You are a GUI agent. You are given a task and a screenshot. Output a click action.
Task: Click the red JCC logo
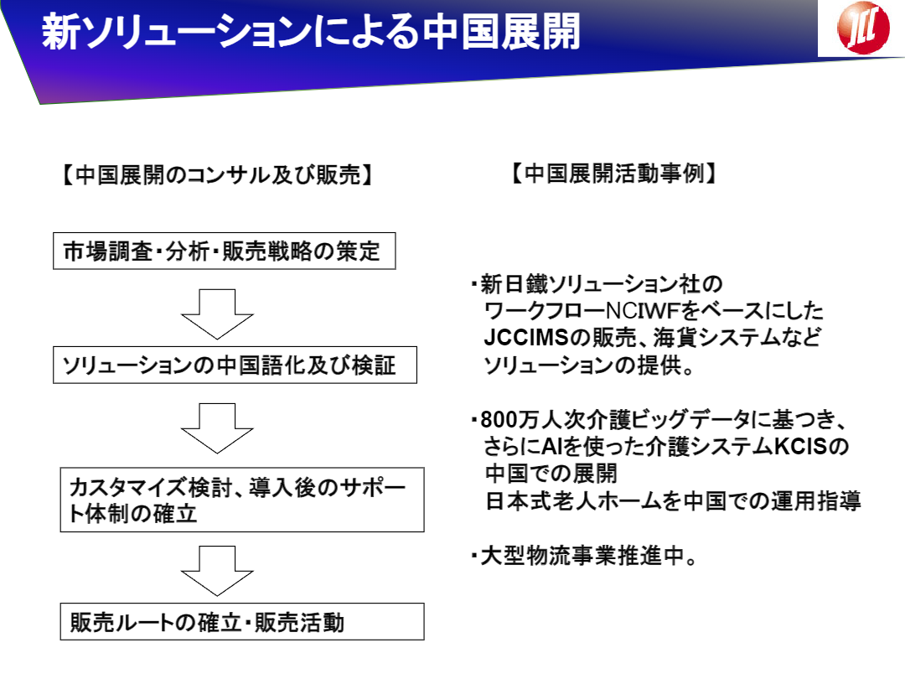[863, 27]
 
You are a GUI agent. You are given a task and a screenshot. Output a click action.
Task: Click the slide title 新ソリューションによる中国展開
[311, 31]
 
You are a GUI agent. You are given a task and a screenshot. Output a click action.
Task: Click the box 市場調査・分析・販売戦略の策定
[224, 251]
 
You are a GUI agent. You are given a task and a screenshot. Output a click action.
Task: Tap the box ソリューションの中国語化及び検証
[235, 365]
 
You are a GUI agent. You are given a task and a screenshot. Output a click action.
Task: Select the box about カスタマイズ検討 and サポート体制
[242, 500]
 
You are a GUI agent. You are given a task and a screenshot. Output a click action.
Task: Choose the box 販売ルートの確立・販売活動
[242, 621]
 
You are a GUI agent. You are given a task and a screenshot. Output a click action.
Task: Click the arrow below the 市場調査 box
[217, 314]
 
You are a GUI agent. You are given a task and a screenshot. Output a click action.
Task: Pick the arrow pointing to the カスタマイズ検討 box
[217, 428]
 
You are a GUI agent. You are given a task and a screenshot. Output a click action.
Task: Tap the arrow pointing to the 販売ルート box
[217, 571]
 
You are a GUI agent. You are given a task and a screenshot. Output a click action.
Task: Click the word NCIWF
[643, 311]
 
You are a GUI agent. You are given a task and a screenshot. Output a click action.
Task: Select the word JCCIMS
[526, 338]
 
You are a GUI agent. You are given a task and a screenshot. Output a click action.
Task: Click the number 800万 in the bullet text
[510, 420]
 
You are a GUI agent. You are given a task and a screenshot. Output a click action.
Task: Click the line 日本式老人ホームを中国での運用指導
[673, 500]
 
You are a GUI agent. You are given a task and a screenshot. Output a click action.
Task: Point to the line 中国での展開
[551, 474]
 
